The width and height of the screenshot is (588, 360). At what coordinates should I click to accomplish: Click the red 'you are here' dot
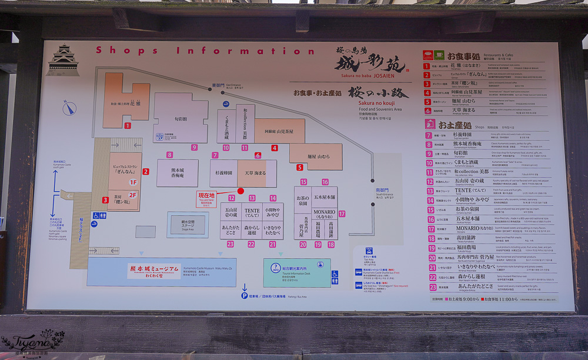pyautogui.click(x=240, y=191)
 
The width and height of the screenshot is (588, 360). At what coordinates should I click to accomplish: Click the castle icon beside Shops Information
pyautogui.click(x=63, y=61)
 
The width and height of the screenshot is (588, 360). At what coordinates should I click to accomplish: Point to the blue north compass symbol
pyautogui.click(x=69, y=108)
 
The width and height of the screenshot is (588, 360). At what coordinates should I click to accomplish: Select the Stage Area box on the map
pyautogui.click(x=188, y=224)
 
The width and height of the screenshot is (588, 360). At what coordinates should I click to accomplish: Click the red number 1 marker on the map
pyautogui.click(x=127, y=125)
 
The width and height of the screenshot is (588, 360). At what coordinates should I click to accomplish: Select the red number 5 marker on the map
pyautogui.click(x=299, y=167)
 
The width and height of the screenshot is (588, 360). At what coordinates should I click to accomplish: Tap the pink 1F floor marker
pyautogui.click(x=133, y=182)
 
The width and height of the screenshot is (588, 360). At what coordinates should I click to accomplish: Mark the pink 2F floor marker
pyautogui.click(x=133, y=195)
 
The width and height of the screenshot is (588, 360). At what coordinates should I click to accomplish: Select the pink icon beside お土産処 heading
pyautogui.click(x=430, y=125)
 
